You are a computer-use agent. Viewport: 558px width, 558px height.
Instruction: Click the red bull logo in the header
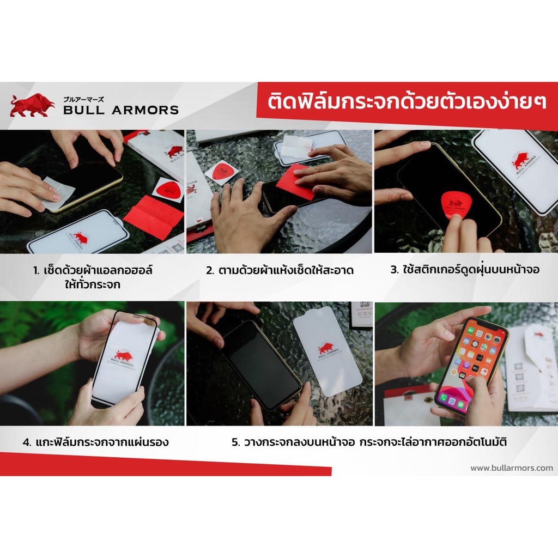(32, 105)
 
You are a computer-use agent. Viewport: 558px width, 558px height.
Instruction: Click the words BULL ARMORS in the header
(121, 110)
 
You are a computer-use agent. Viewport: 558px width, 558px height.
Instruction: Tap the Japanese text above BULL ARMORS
(83, 100)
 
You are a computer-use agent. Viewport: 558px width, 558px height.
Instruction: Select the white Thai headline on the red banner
(407, 101)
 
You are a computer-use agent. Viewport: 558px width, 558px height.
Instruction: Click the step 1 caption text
(93, 277)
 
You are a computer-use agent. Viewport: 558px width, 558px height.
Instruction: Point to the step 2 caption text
(280, 270)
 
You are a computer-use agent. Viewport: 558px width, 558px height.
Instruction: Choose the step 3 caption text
(465, 269)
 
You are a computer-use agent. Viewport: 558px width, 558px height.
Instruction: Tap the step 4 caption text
(96, 442)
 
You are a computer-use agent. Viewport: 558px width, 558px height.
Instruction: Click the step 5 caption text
(369, 442)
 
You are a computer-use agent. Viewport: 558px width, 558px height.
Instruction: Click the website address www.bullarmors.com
(512, 468)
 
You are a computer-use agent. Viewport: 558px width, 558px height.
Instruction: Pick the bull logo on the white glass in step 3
(520, 161)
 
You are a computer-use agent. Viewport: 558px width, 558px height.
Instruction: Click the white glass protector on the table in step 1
(79, 231)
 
